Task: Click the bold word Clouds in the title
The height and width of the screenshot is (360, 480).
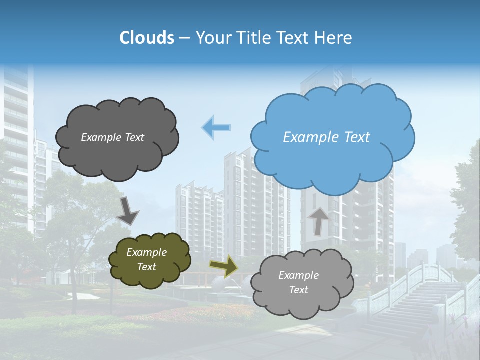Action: click(x=146, y=38)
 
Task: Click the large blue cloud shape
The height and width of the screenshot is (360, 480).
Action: click(x=332, y=160)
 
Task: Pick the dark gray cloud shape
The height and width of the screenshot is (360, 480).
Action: click(x=117, y=155)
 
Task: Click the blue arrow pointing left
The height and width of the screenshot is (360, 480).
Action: click(x=216, y=127)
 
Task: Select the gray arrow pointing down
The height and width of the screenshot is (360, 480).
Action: click(x=127, y=210)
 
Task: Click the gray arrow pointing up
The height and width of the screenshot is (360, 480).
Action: click(x=318, y=221)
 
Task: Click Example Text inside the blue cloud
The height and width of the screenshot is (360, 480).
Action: click(x=326, y=137)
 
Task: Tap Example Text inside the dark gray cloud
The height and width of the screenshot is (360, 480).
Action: click(x=112, y=137)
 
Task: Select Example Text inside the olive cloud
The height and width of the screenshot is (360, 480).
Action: click(x=146, y=259)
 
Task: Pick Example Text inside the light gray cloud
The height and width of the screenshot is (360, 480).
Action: click(x=298, y=282)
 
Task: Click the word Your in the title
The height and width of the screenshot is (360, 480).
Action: click(x=212, y=38)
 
